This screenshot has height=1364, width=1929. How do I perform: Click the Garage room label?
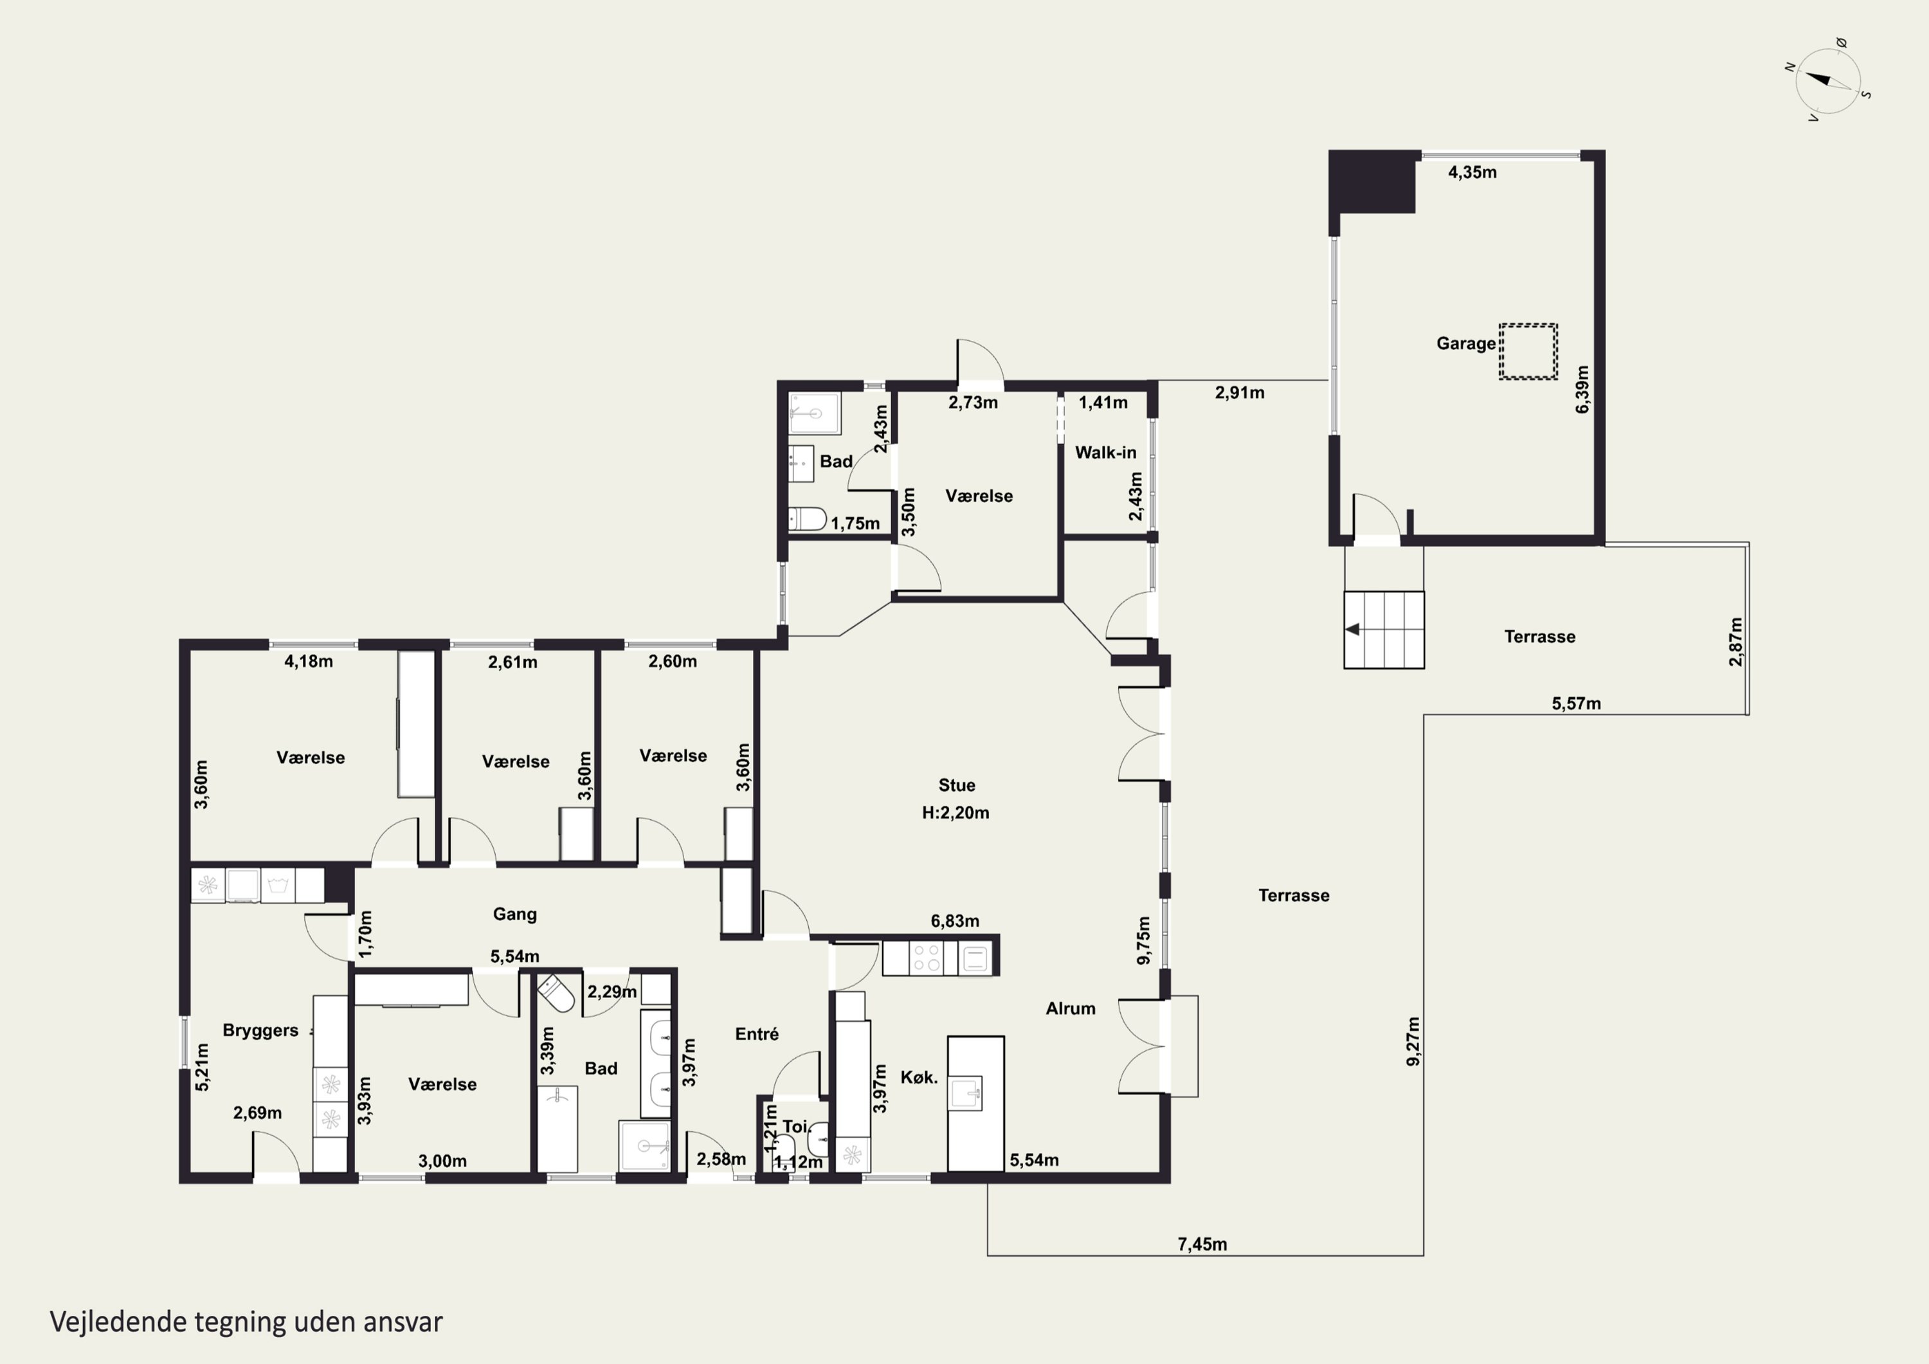click(x=1466, y=343)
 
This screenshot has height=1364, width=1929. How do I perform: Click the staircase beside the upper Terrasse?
click(x=1384, y=630)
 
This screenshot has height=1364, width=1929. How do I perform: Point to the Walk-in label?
click(x=1106, y=452)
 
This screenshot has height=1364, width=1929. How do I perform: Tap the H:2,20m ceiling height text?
click(x=955, y=813)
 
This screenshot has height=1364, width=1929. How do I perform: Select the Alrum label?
click(x=1071, y=1008)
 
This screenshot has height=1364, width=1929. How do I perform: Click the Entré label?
click(x=757, y=1035)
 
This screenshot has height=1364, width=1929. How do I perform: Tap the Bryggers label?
click(x=260, y=1031)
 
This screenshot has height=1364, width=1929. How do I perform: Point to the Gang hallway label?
click(x=515, y=914)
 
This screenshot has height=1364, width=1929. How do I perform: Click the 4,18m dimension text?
click(x=309, y=661)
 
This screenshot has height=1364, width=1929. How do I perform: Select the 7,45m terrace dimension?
click(x=1202, y=1244)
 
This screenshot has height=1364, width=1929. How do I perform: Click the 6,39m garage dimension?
click(x=1583, y=389)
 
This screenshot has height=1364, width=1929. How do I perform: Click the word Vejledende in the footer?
click(x=118, y=1322)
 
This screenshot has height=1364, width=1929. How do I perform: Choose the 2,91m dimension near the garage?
click(x=1239, y=392)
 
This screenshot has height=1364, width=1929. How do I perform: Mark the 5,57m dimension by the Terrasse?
click(x=1576, y=704)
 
